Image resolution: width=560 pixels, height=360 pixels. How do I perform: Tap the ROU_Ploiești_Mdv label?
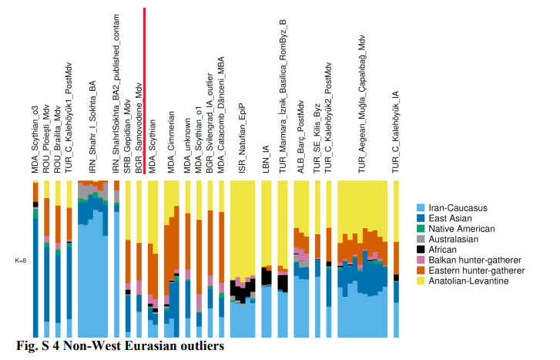point(46,139)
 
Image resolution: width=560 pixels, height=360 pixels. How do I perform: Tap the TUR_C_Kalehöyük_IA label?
point(396,132)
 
